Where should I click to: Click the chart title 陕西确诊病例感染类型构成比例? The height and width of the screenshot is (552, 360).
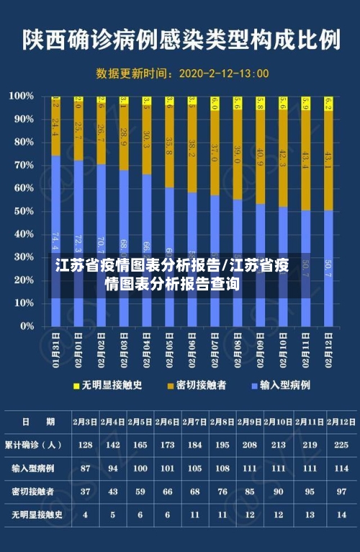[x=180, y=38]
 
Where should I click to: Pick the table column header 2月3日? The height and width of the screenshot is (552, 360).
[x=85, y=422]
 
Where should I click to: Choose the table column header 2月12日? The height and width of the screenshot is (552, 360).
[x=342, y=422]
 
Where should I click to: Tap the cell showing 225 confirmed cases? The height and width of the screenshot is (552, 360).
[x=342, y=445]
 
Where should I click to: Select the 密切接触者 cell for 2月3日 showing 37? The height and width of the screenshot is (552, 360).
[x=85, y=491]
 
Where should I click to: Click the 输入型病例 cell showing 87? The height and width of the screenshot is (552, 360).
[x=85, y=468]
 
